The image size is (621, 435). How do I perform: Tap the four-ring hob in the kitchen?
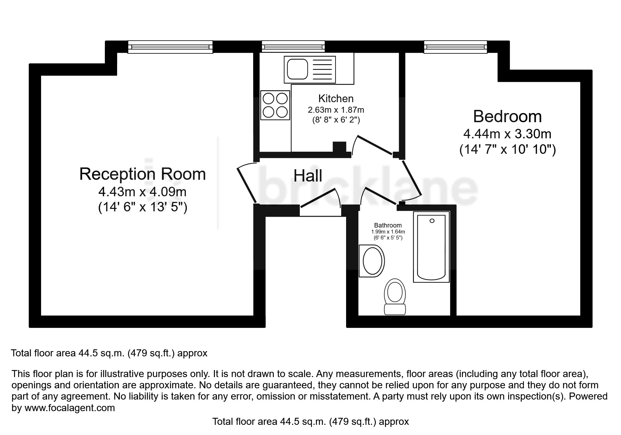coord(275,104)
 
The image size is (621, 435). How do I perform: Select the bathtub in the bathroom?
coord(431,247)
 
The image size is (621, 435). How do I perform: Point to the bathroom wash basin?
coord(372,261)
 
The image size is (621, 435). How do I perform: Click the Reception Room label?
coord(142,174)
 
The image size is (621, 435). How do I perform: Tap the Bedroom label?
coord(507,116)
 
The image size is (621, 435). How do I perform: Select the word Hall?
coord(308,176)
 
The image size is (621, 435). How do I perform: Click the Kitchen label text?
coord(336,98)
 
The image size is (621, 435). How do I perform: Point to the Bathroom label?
coord(388,225)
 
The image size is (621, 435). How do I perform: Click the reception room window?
coord(170,47)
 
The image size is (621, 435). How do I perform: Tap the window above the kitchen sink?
coord(293,46)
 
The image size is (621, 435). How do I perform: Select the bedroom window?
coord(455,47)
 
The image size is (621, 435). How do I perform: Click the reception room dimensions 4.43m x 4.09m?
coord(142,192)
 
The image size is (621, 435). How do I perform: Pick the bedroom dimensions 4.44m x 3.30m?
coord(507,134)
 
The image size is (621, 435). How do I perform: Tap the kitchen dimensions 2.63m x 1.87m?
coord(336,110)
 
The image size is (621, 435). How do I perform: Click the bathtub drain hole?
coord(432,221)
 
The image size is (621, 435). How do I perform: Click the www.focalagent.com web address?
coord(70,408)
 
